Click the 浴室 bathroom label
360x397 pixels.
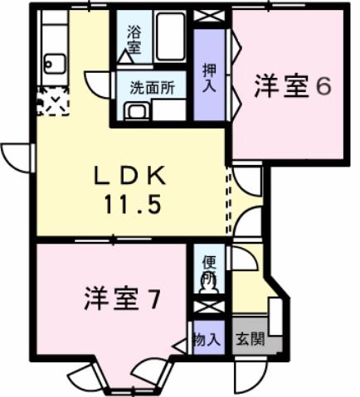coord(133,41)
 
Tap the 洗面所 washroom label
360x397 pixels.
coord(151,85)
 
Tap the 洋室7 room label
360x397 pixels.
coord(120,298)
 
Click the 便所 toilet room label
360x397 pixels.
coord(209,266)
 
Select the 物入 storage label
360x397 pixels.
coord(207,340)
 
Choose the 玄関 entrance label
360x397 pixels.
coord(250,340)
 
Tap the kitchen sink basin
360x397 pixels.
coord(55,62)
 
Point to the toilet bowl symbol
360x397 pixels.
coord(209,283)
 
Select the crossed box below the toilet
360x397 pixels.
coord(208,307)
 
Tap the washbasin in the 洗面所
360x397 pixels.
coord(134,111)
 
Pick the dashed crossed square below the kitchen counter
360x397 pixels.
coord(52,104)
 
